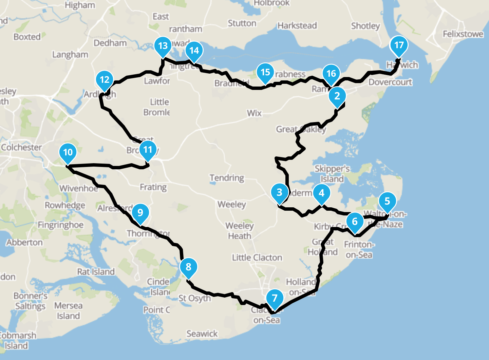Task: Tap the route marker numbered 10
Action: [x=68, y=152]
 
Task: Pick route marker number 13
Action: [x=163, y=46]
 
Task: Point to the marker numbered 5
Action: [x=387, y=201]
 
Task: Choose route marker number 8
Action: [x=188, y=267]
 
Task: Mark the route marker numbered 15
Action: [x=265, y=72]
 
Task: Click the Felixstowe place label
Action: [x=463, y=34]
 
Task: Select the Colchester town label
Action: [x=21, y=147]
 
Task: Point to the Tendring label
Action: [x=227, y=178]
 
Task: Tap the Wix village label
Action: [x=254, y=113]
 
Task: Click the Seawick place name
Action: [x=202, y=334]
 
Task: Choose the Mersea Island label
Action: [x=68, y=311]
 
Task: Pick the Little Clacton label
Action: [x=257, y=258]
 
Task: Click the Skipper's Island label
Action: [x=332, y=174]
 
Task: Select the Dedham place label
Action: [x=110, y=43]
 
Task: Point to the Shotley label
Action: [x=365, y=26]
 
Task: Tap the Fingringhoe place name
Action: [x=60, y=225]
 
